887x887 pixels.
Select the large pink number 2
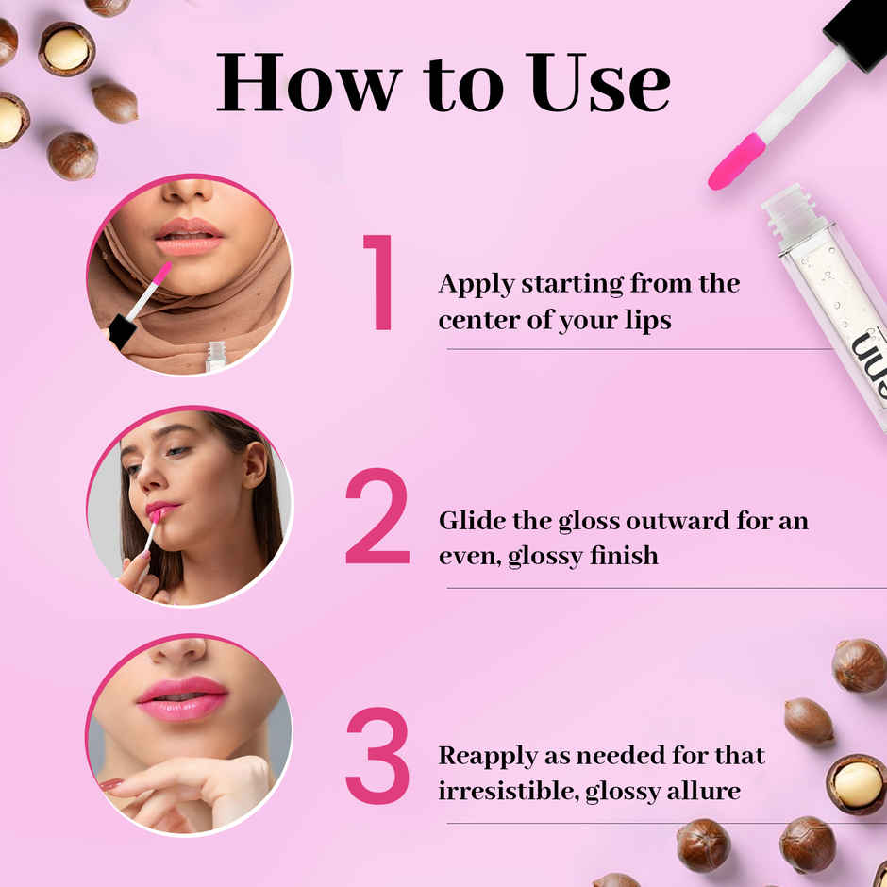pos(377,517)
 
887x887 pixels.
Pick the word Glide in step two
pos(469,521)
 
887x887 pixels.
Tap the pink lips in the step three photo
pos(182,698)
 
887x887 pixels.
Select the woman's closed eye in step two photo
pos(176,451)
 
